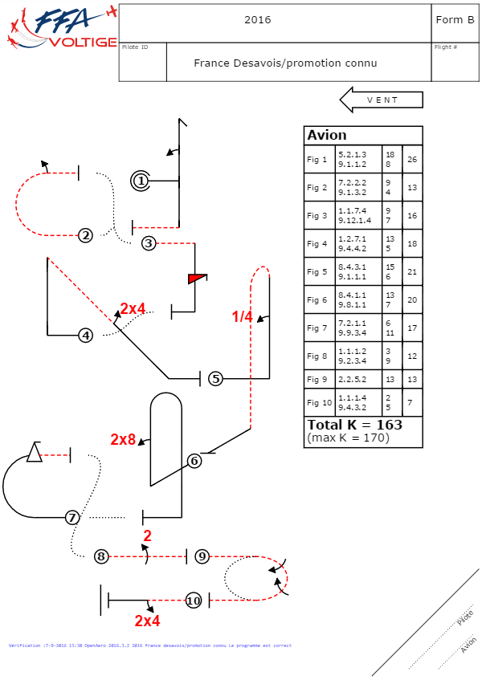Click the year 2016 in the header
pos(258,20)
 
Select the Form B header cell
pos(455,20)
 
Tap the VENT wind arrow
pos(382,100)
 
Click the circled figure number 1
pos(141,181)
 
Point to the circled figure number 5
pos(214,378)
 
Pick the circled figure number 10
pos(193,601)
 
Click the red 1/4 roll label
pos(243,317)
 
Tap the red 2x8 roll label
pos(124,439)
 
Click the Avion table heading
pos(327,135)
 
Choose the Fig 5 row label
pos(317,272)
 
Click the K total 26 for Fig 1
pos(412,160)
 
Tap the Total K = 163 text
pos(354,425)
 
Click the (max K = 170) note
pos(348,438)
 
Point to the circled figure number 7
pos(72,518)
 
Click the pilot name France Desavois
pos(285,63)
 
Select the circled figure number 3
pos(148,242)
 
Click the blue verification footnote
pos(150,645)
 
